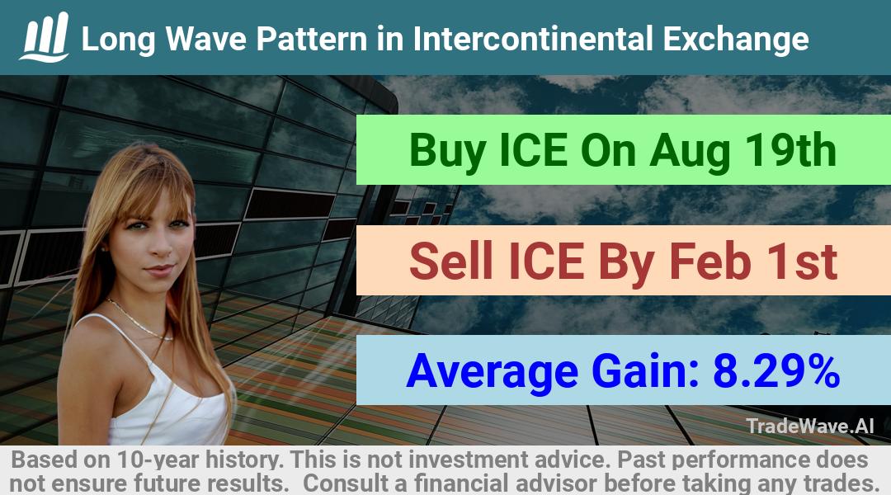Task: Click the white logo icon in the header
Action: click(x=45, y=37)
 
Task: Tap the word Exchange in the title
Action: click(x=736, y=40)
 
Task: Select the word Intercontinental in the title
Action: click(x=533, y=39)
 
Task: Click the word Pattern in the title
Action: click(x=311, y=39)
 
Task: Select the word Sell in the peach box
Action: click(x=451, y=261)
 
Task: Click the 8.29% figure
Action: click(x=776, y=370)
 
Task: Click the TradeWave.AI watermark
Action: click(x=810, y=426)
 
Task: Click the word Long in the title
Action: click(x=118, y=40)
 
